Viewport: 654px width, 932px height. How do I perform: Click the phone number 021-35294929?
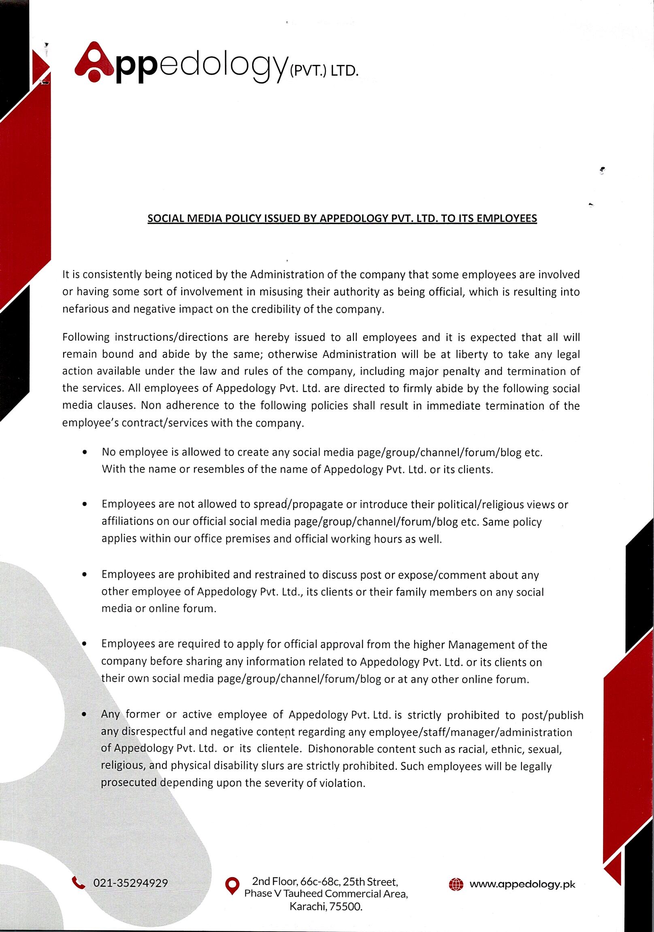[130, 883]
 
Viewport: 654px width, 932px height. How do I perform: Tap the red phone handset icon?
[78, 883]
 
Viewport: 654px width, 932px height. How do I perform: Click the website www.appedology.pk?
[522, 884]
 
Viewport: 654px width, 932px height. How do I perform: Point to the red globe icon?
[456, 884]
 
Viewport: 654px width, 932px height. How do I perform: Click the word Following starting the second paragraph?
[86, 337]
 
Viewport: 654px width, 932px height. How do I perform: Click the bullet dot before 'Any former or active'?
[84, 715]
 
